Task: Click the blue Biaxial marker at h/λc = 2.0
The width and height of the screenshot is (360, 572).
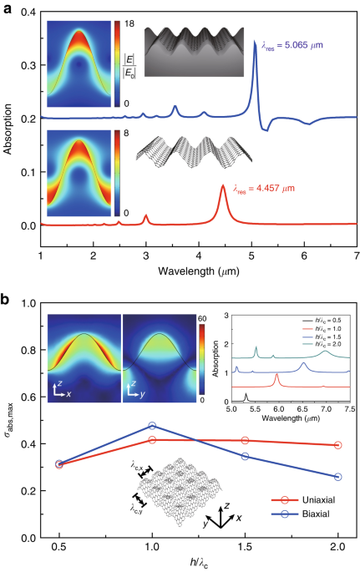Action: [x=338, y=477]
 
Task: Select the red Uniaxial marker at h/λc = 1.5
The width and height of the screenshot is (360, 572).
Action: [x=245, y=440]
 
